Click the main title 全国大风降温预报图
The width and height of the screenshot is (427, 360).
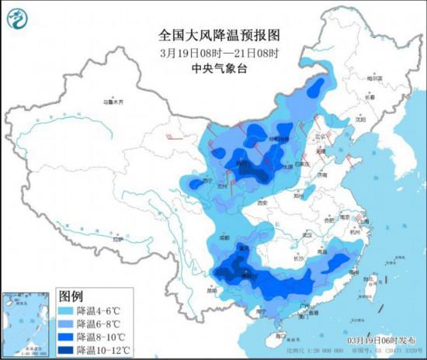pyautogui.click(x=212, y=35)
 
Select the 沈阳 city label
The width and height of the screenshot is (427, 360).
pyautogui.click(x=359, y=120)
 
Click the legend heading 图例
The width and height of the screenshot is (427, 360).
pyautogui.click(x=71, y=296)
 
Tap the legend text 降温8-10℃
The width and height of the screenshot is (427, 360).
pyautogui.click(x=108, y=337)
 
